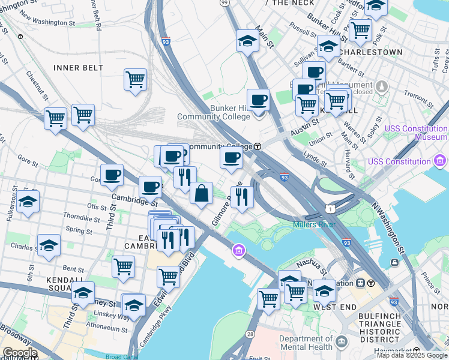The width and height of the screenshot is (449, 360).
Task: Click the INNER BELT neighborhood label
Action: click(x=78, y=68)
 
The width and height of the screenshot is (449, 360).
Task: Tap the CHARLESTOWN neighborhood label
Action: click(x=369, y=52)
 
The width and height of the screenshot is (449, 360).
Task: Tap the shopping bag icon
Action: click(x=202, y=193)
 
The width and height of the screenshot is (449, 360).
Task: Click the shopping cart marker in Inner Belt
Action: click(x=136, y=79)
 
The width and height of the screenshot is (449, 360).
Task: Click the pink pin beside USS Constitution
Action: click(x=440, y=161)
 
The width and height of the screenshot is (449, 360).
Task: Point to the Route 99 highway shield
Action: click(x=224, y=3)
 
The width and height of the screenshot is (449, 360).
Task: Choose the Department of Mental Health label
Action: click(x=306, y=343)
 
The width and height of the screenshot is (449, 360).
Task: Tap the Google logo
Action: click(x=20, y=353)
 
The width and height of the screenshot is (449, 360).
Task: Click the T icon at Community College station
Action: click(x=258, y=146)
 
